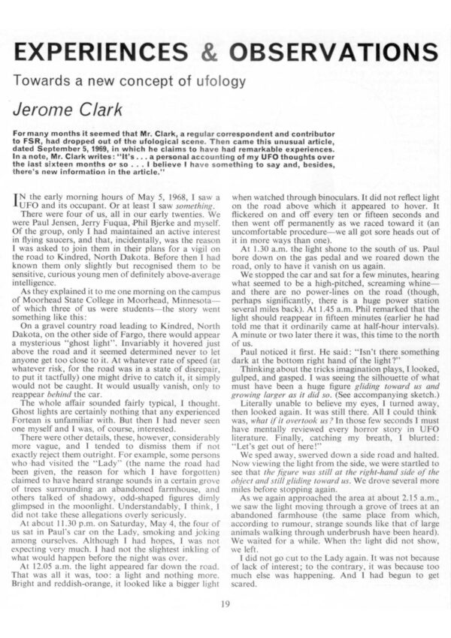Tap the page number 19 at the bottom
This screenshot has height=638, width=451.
tap(225, 603)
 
